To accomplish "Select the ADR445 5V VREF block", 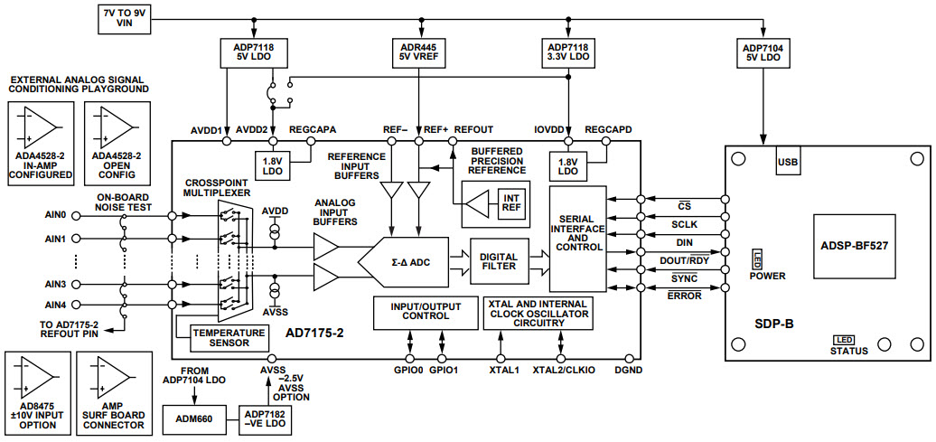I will coord(417,52).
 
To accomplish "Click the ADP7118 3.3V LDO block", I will coord(568,52).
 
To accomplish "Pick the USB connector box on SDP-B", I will coord(787,163).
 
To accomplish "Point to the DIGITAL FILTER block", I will coord(498,260).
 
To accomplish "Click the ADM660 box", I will coord(193,418).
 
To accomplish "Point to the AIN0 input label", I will coord(56,215).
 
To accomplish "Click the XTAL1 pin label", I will coord(500,370).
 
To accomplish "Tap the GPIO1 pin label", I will coord(443,370).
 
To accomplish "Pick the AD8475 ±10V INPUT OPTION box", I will coord(36,390).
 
